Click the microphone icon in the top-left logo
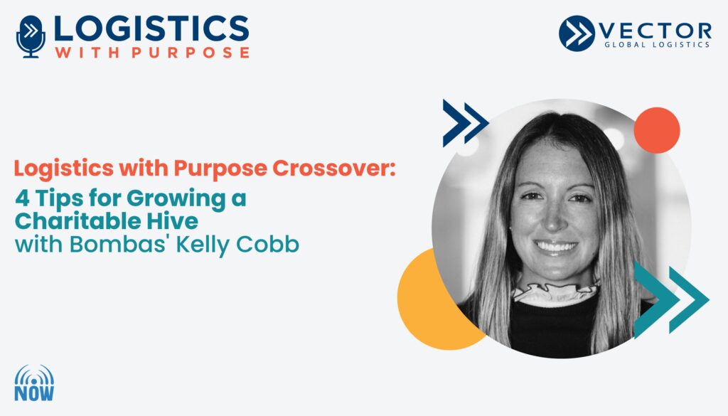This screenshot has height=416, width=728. (31, 37)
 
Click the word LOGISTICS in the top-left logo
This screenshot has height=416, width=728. (151, 28)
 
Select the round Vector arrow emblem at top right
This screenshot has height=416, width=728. (577, 33)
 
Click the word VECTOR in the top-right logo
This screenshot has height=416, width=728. (655, 31)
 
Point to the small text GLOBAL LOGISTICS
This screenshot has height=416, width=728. (657, 45)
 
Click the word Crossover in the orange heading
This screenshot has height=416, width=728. (333, 168)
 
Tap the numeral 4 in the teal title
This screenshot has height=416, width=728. (22, 198)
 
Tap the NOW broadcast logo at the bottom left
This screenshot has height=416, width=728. (34, 383)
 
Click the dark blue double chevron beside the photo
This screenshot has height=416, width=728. (465, 123)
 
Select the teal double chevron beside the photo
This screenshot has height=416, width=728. (671, 299)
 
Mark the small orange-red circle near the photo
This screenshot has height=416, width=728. (656, 130)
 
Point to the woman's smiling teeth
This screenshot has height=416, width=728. (556, 245)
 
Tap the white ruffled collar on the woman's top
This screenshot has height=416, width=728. (555, 292)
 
